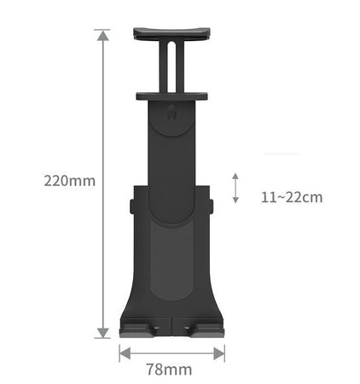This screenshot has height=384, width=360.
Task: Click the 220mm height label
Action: tap(70, 181)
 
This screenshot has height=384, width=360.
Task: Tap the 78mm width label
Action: tap(169, 369)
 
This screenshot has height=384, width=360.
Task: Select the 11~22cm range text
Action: tap(292, 197)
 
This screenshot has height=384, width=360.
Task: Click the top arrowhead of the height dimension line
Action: tap(103, 35)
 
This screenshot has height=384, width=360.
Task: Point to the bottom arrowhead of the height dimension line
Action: tap(103, 333)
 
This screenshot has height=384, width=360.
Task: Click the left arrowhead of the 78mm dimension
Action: tap(125, 353)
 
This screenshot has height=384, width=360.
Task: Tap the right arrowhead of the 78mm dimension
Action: tap(219, 353)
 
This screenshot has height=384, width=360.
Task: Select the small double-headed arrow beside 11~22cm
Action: tap(235, 188)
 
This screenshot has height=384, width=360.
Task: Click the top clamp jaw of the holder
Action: tap(171, 34)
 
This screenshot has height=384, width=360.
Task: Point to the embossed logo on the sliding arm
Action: tap(171, 113)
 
